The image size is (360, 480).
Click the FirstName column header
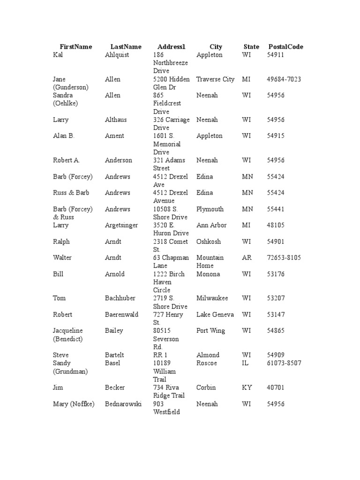(x=75, y=47)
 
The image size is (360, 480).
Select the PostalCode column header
(x=285, y=47)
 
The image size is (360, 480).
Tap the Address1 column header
(x=171, y=47)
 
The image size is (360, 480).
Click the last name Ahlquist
(x=117, y=55)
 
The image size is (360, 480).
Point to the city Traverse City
(x=215, y=79)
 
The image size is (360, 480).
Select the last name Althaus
(x=116, y=120)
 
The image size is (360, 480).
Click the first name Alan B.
(x=64, y=136)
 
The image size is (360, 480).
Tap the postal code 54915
(x=276, y=136)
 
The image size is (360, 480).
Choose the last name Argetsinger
(x=121, y=225)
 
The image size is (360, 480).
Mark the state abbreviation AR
(x=247, y=258)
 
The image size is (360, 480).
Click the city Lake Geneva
(x=215, y=315)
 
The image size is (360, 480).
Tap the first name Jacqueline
(x=67, y=331)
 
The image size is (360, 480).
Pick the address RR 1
(x=160, y=355)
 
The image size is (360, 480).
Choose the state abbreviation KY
(x=247, y=388)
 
